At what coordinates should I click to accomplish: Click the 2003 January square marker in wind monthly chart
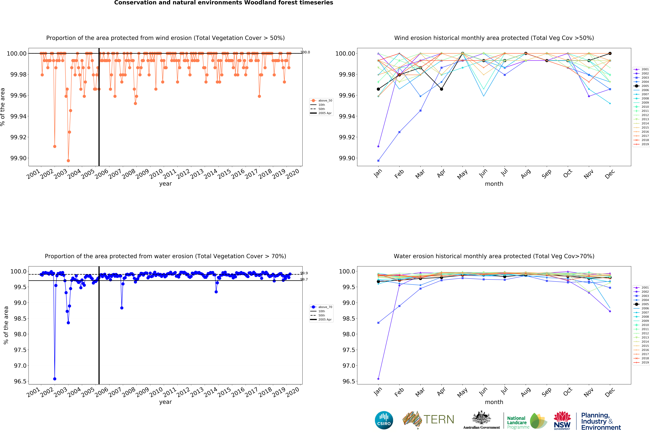point(378,161)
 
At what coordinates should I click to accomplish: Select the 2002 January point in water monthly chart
point(378,379)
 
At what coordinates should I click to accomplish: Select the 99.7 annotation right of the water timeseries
point(304,280)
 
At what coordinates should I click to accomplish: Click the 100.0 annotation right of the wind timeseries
point(305,52)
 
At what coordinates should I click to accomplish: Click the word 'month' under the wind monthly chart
point(494,184)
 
